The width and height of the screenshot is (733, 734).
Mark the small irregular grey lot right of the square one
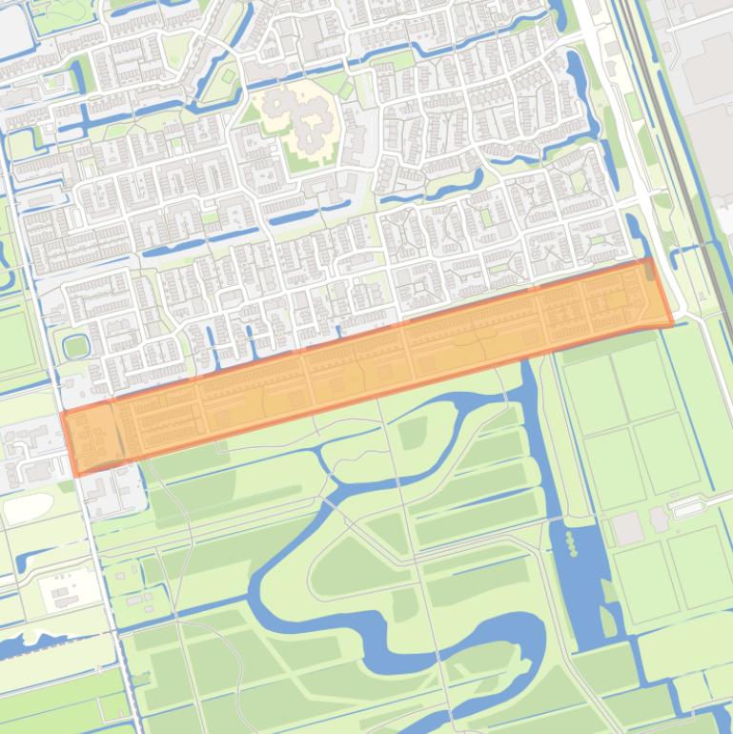coord(659,519)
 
